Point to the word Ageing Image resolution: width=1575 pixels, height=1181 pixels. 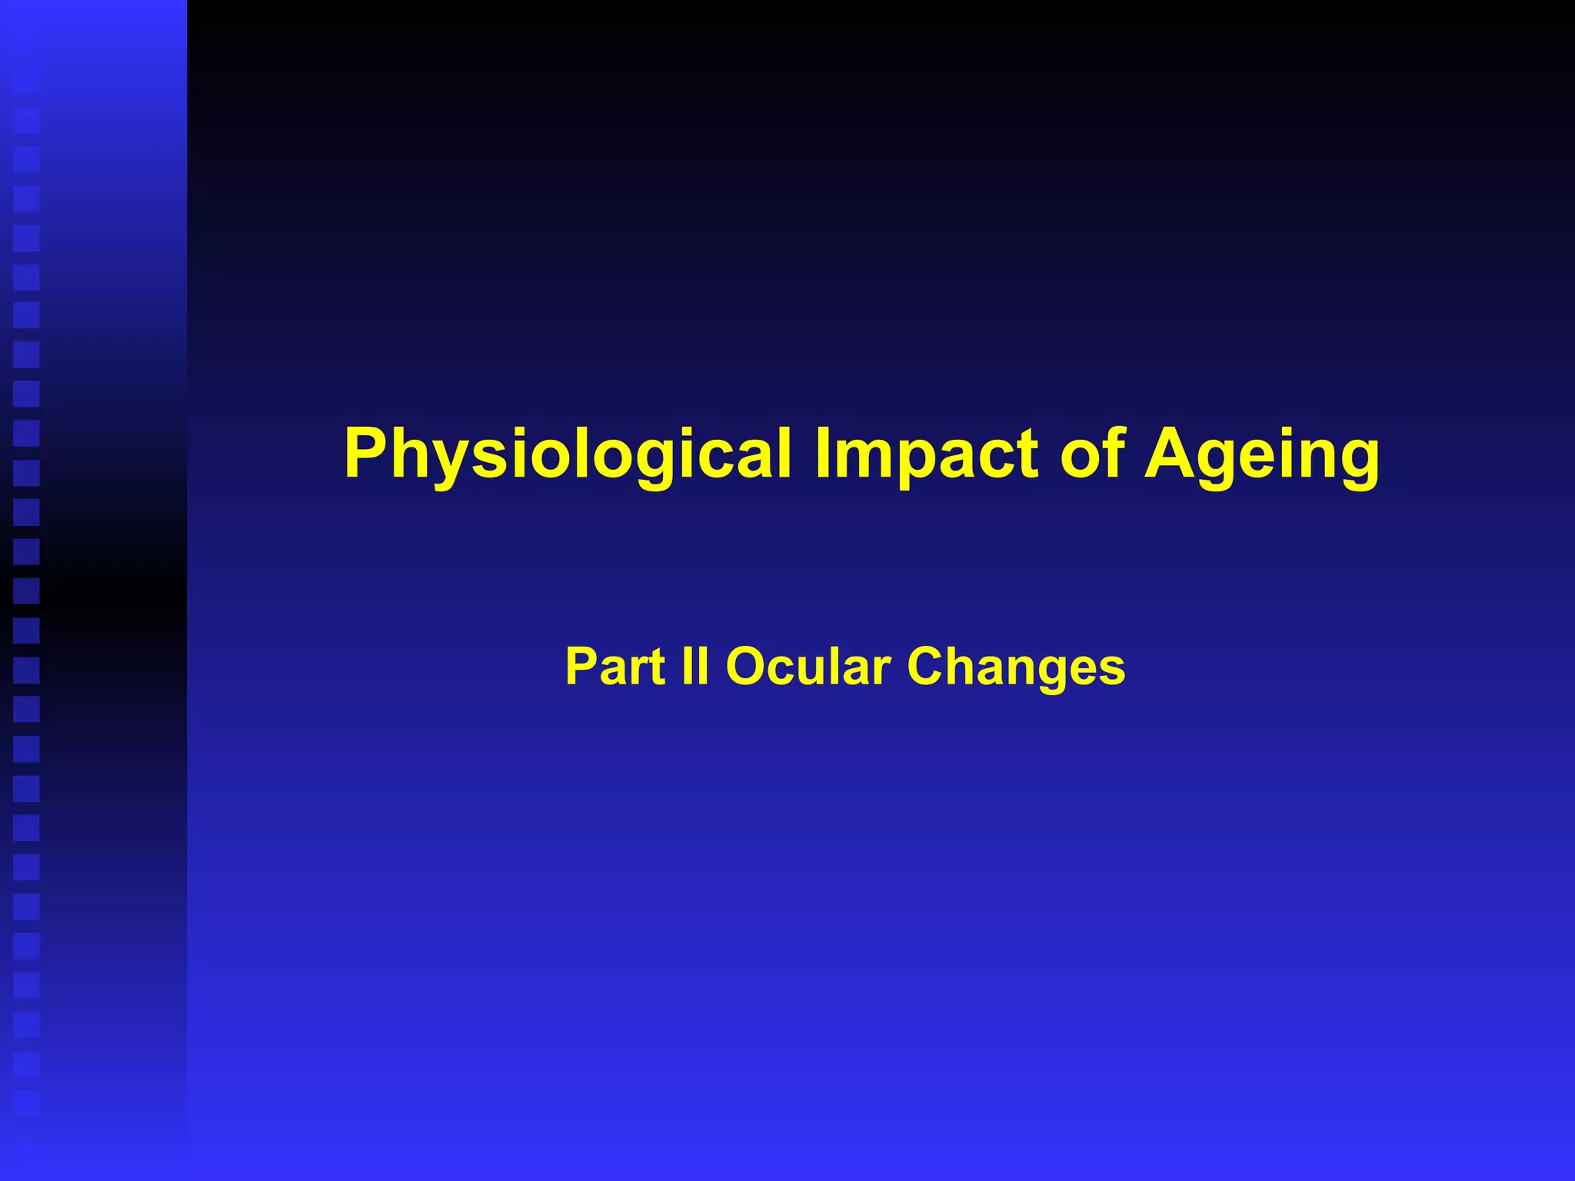click(1261, 454)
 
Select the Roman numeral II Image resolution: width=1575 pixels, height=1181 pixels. click(694, 666)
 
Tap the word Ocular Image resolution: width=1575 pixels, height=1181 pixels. click(807, 666)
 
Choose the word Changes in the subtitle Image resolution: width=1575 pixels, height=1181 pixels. click(1016, 667)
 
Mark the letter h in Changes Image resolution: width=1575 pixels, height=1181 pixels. click(968, 666)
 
